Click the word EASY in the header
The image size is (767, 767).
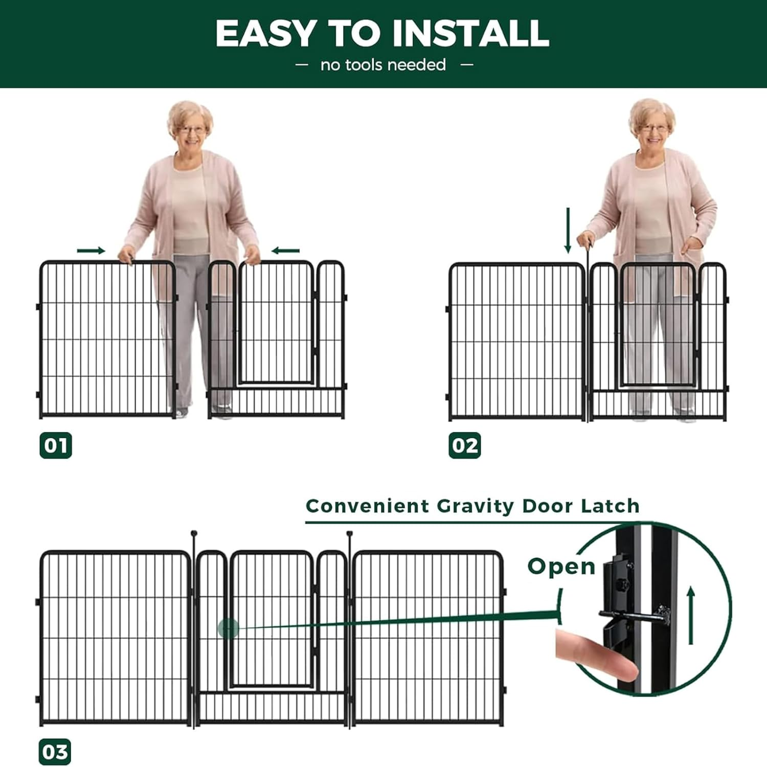pos(265,34)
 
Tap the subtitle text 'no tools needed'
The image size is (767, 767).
pos(383,65)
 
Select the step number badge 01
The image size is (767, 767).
pos(56,445)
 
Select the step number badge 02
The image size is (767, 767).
pos(465,445)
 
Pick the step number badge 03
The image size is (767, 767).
pos(55,752)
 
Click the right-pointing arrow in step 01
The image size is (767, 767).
pos(91,251)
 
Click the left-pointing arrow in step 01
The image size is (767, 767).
pos(285,251)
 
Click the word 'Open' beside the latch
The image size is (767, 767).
pos(561,567)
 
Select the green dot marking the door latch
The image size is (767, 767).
pos(228,628)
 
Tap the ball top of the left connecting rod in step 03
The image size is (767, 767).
pos(194,534)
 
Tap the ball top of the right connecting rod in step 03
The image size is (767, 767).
pos(350,534)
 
